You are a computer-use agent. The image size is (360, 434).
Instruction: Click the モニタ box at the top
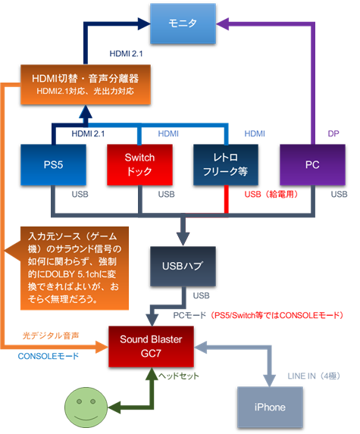tap(181, 24)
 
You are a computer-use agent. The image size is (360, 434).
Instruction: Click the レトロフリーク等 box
tap(224, 164)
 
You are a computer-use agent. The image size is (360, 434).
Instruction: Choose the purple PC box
tap(311, 164)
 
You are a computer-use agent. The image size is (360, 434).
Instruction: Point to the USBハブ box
tap(181, 266)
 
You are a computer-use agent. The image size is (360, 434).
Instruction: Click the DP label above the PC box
tap(333, 133)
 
